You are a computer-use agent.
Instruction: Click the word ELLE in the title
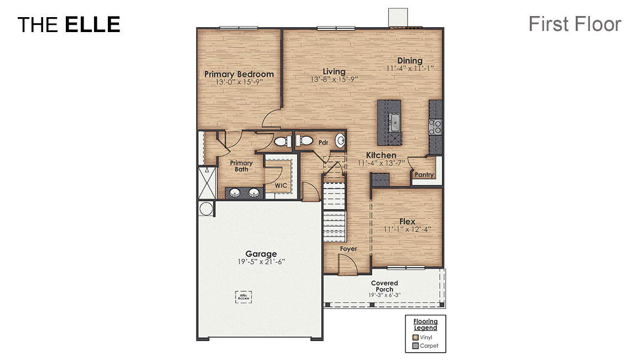pos(92,24)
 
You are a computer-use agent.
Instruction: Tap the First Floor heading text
pos(575,24)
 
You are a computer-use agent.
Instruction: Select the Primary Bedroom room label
pos(239,74)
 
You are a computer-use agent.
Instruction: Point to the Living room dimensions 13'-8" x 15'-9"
pos(334,79)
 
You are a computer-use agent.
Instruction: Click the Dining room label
pos(409,61)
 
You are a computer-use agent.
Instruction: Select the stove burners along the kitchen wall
pos(435,127)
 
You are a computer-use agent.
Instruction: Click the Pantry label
pos(424,175)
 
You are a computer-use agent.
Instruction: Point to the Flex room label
pos(407,221)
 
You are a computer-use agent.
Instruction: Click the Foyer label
pos(348,249)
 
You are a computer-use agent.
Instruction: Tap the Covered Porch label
pos(384,286)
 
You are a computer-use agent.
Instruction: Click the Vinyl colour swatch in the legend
pos(415,337)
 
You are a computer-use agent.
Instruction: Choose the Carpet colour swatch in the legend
pos(415,346)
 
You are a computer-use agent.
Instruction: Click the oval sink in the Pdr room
pos(340,141)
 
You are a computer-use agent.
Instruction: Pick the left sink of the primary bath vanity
pos(235,193)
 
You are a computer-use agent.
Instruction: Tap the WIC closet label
pos(281,186)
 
